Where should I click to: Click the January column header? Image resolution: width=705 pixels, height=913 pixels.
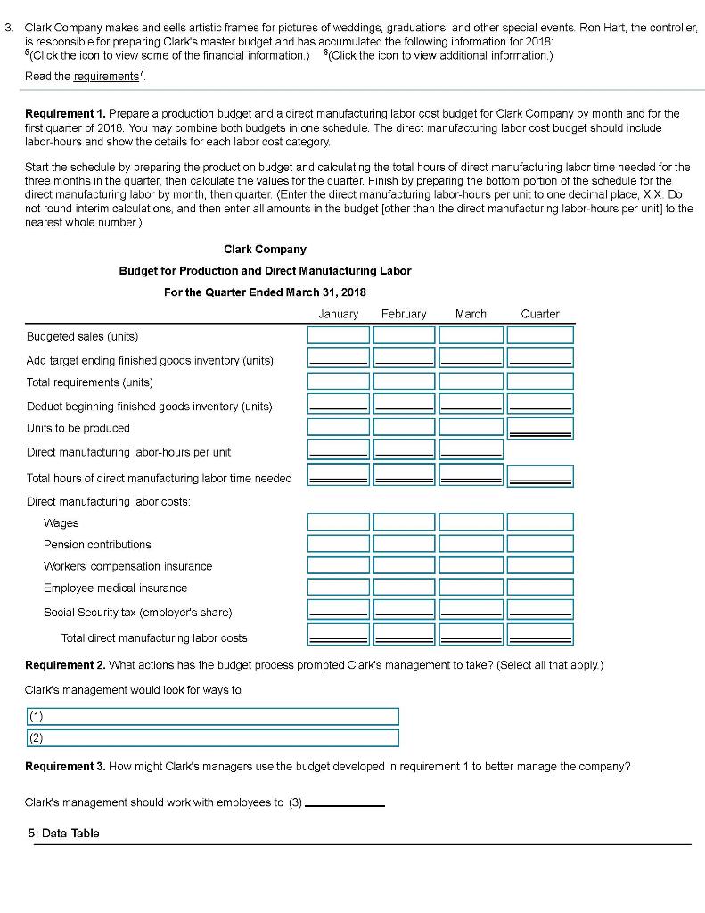pyautogui.click(x=338, y=314)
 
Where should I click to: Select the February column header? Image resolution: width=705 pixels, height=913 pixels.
pyautogui.click(x=404, y=314)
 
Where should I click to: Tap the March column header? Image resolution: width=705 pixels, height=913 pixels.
pyautogui.click(x=471, y=314)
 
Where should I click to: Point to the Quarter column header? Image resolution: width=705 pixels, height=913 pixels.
pyautogui.click(x=540, y=314)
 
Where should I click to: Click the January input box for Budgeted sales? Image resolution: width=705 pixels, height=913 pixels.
pyautogui.click(x=339, y=335)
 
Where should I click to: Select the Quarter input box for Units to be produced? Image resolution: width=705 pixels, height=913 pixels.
pyautogui.click(x=540, y=428)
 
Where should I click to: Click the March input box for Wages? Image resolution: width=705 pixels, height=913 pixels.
pyautogui.click(x=471, y=522)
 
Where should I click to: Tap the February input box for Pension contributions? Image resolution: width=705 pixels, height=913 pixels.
pyautogui.click(x=405, y=544)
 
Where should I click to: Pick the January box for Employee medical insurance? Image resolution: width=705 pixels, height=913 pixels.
pyautogui.click(x=339, y=588)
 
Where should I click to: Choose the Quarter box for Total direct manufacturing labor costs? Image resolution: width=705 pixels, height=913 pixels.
pyautogui.click(x=540, y=635)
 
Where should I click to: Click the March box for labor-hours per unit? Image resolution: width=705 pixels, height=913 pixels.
pyautogui.click(x=471, y=450)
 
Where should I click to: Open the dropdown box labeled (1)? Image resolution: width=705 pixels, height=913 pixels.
pyautogui.click(x=211, y=716)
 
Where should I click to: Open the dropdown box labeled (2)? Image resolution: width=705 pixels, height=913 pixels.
pyautogui.click(x=211, y=737)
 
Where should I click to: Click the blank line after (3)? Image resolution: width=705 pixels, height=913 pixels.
pyautogui.click(x=345, y=802)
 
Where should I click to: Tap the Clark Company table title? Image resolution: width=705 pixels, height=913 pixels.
pyautogui.click(x=265, y=250)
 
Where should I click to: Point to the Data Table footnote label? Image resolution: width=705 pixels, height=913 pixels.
pyautogui.click(x=63, y=833)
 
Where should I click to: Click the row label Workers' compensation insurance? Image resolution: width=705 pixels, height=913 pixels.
pyautogui.click(x=127, y=566)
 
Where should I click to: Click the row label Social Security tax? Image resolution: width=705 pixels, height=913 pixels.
pyautogui.click(x=137, y=612)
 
